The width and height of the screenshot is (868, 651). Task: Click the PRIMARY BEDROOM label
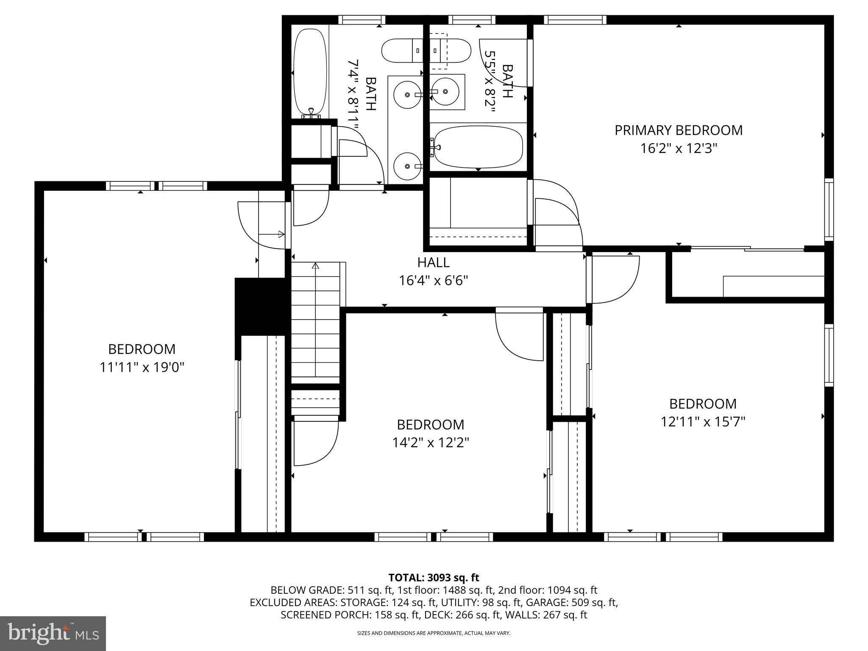[x=679, y=130]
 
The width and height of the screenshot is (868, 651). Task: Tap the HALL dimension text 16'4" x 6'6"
[x=433, y=281]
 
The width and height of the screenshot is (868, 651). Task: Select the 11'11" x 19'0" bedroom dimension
[x=142, y=367]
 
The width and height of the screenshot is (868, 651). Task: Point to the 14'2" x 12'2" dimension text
[x=430, y=443]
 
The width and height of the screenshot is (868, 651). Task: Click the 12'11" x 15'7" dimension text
[x=703, y=422]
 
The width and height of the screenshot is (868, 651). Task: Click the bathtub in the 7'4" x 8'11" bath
[x=310, y=73]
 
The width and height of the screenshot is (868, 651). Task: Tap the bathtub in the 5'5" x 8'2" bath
[x=478, y=147]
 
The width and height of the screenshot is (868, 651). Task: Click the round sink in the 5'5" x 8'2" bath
[x=445, y=91]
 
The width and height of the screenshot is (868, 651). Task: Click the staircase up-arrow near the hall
[x=315, y=266]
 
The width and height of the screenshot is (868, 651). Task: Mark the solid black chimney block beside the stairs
[x=260, y=306]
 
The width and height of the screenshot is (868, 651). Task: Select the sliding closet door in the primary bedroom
[x=747, y=249]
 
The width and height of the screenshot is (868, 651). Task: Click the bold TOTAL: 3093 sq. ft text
[x=433, y=577]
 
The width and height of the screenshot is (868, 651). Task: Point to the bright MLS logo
[x=53, y=633]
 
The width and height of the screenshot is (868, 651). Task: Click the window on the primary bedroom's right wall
[x=829, y=210]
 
